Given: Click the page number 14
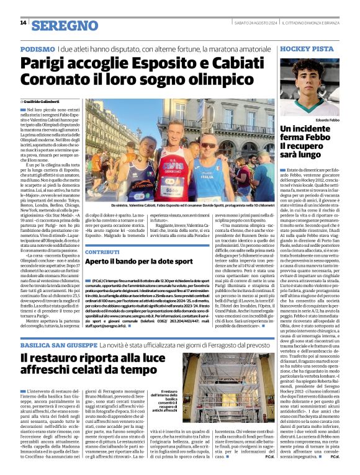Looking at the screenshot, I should point(23,23).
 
